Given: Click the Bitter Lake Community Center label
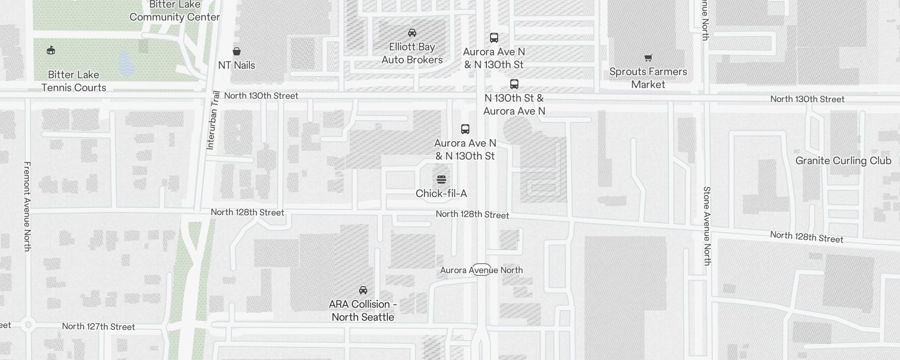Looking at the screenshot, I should [x=175, y=11].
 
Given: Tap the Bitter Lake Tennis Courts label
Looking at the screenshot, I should [x=74, y=81].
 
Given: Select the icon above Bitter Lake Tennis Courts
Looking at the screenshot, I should [x=51, y=50].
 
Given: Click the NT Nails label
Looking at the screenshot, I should [x=237, y=65].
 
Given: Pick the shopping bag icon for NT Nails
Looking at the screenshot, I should [x=237, y=51].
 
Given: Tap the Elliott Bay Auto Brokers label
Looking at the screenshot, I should [x=412, y=53].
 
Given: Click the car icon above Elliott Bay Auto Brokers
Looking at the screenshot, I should [x=412, y=33].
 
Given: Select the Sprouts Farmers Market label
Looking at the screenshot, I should [x=648, y=78].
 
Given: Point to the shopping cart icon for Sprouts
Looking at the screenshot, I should [x=648, y=58].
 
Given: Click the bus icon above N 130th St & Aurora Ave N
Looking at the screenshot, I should [x=514, y=84].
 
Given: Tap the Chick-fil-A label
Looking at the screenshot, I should [x=441, y=193].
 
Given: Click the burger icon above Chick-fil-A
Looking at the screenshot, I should [x=441, y=180].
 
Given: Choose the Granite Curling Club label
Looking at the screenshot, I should [x=843, y=161].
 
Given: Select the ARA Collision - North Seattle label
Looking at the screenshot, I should [x=363, y=310].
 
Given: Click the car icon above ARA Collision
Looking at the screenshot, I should [x=363, y=290].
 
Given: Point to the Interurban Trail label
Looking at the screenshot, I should [x=213, y=120].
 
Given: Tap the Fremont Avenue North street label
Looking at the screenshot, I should [x=27, y=206].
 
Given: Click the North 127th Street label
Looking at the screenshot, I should [x=98, y=326].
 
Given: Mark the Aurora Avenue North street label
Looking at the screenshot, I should [x=481, y=270].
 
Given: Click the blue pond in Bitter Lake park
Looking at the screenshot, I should [x=126, y=63].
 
